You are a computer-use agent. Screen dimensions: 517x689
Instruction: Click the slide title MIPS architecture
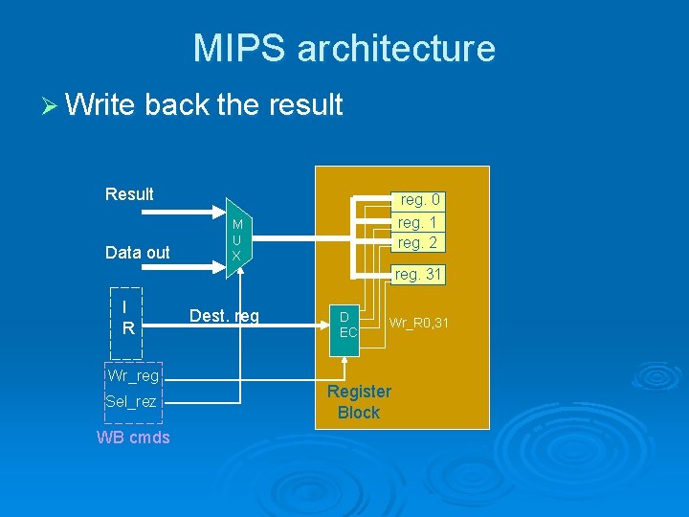(344, 48)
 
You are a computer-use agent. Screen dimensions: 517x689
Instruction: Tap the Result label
(129, 194)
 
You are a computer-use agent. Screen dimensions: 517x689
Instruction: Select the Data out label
(137, 253)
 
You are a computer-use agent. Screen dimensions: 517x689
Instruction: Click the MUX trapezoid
(236, 237)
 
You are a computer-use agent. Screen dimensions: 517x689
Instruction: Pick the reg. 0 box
(419, 200)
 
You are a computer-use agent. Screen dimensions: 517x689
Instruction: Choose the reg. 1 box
(417, 222)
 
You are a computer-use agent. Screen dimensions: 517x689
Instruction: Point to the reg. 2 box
(417, 242)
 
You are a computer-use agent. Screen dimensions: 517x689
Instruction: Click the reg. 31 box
(417, 275)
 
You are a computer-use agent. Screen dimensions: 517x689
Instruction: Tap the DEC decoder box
(347, 324)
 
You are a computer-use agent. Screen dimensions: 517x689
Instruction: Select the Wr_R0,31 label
(418, 324)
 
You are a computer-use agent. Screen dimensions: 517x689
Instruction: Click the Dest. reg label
(224, 316)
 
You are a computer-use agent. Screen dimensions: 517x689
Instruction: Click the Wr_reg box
(133, 375)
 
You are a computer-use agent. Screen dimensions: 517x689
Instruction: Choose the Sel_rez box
(131, 401)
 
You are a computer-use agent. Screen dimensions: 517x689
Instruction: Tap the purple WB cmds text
(133, 438)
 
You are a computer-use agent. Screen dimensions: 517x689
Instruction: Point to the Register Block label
(359, 402)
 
